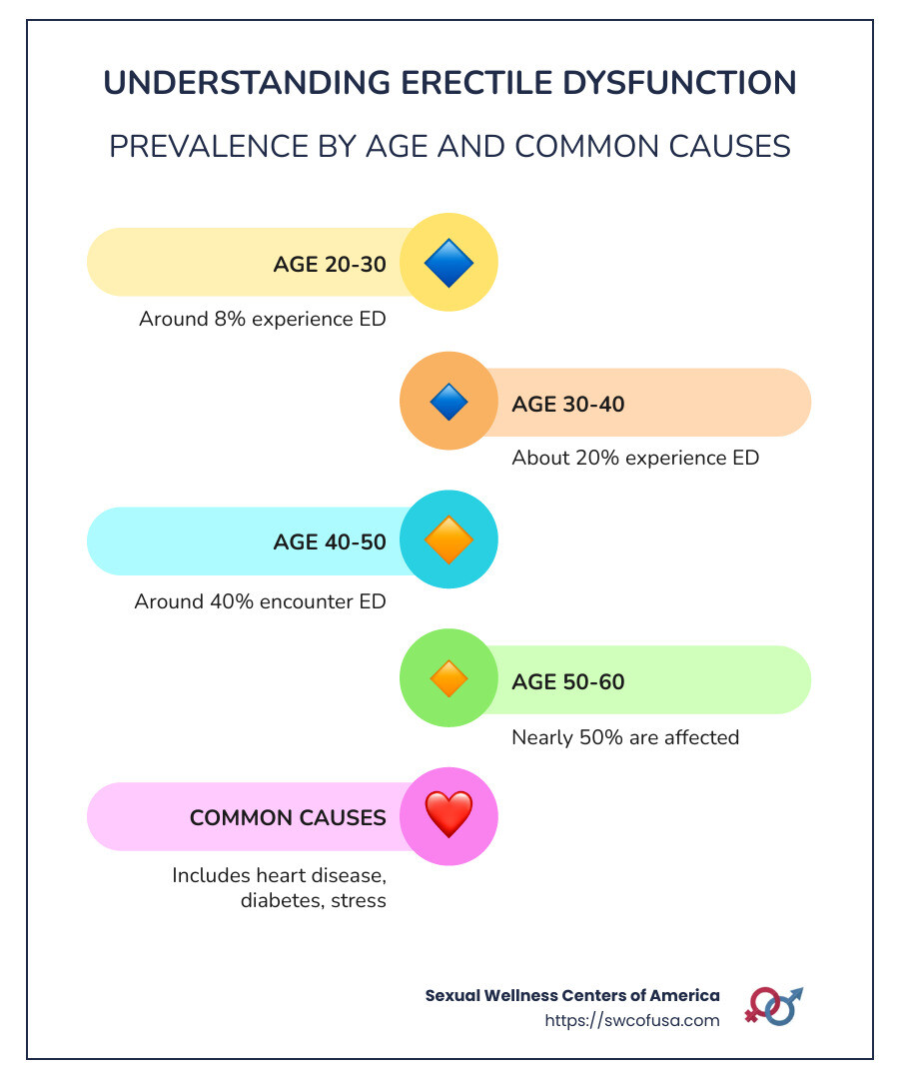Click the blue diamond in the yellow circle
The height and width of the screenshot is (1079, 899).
pyautogui.click(x=449, y=263)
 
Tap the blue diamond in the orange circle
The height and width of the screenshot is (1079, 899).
pyautogui.click(x=449, y=402)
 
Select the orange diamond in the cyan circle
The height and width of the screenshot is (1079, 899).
pyautogui.click(x=449, y=540)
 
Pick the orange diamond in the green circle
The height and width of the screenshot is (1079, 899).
pyautogui.click(x=449, y=679)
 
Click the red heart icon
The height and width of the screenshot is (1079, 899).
pyautogui.click(x=449, y=815)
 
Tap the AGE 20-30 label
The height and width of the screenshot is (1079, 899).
pyautogui.click(x=330, y=264)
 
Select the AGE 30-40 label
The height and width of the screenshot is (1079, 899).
pyautogui.click(x=567, y=404)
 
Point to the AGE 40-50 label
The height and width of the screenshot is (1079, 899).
pyautogui.click(x=330, y=541)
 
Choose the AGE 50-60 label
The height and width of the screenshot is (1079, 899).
pyautogui.click(x=567, y=681)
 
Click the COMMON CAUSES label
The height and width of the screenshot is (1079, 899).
pyautogui.click(x=288, y=817)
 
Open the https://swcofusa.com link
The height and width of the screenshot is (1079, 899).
pyautogui.click(x=632, y=1020)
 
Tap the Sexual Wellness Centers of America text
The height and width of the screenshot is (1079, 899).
pyautogui.click(x=572, y=995)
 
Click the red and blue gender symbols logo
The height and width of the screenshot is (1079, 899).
pyautogui.click(x=773, y=1005)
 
